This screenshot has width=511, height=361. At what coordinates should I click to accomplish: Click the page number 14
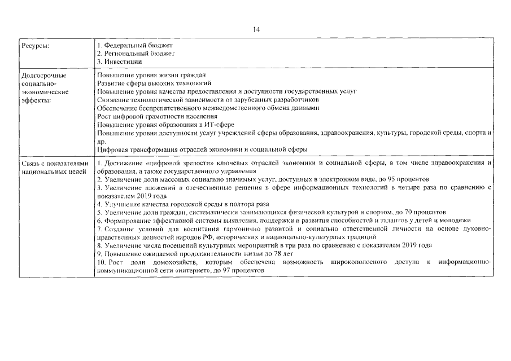[x=255, y=29]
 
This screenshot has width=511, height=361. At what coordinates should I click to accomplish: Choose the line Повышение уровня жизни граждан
[x=151, y=74]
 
